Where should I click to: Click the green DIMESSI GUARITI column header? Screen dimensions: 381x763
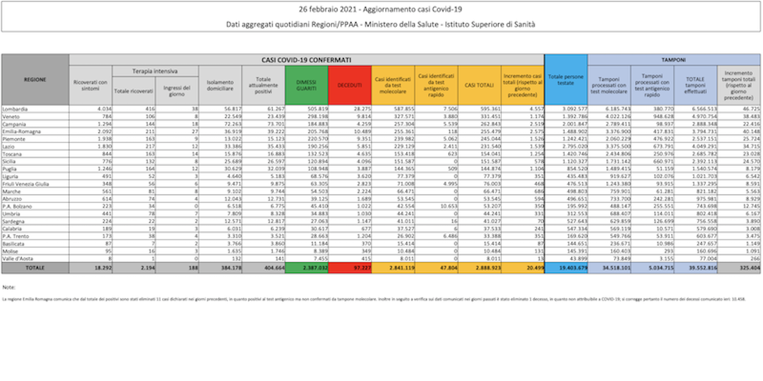click(306, 85)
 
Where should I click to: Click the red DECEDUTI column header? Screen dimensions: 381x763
click(350, 85)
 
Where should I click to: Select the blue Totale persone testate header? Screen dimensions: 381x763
click(566, 80)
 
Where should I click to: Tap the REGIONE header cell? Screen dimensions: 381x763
click(35, 80)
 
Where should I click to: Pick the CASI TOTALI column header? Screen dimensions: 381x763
click(479, 85)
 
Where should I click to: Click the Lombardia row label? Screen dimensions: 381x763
click(15, 109)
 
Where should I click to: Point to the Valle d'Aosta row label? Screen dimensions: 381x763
click(18, 259)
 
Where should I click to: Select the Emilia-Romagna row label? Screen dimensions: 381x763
click(21, 131)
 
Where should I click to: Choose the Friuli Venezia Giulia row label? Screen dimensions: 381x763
click(25, 184)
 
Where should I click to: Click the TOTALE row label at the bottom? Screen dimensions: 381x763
click(35, 268)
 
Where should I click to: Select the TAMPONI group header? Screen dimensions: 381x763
click(673, 60)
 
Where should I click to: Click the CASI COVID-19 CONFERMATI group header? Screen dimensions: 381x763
click(306, 60)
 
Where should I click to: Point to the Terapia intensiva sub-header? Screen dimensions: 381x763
click(155, 71)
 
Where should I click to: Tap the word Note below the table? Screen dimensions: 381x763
click(9, 287)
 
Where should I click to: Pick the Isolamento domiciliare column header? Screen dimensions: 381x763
click(220, 85)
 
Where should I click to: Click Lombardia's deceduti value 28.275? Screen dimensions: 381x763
click(362, 109)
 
